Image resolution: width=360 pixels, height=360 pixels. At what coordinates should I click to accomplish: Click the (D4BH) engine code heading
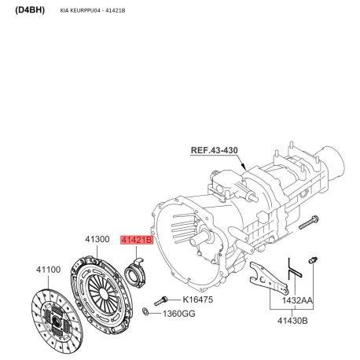tap(30, 10)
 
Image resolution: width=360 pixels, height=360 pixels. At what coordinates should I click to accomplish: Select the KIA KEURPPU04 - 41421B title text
tap(93, 11)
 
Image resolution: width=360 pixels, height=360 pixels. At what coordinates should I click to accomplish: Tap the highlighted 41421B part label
tap(137, 240)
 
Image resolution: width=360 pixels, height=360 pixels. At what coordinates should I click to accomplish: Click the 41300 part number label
tap(97, 239)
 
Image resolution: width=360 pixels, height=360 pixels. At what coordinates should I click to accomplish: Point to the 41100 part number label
tap(48, 270)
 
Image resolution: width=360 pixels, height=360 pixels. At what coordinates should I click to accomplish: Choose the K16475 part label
tap(197, 299)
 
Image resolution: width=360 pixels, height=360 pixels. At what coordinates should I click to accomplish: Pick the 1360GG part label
tap(179, 314)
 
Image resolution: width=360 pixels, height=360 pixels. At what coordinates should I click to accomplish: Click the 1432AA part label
tap(297, 300)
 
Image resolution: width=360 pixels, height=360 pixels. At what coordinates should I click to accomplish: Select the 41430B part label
tap(292, 321)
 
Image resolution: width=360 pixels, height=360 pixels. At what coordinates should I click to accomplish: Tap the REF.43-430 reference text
tap(215, 150)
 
